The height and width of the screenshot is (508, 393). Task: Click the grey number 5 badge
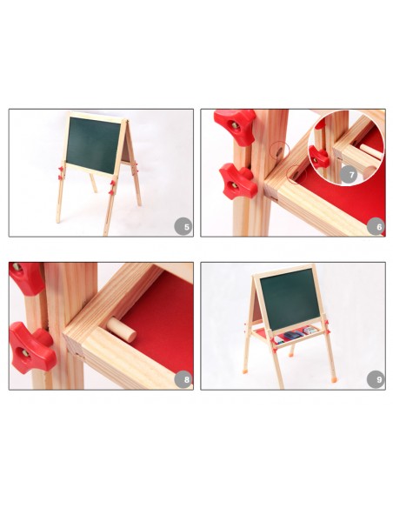(184, 226)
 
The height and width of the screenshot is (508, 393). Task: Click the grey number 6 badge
(376, 226)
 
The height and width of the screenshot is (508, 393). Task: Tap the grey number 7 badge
(349, 175)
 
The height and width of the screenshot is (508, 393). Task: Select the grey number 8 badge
(184, 379)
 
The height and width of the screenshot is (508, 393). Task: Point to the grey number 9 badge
(376, 379)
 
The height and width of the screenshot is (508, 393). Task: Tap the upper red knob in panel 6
(236, 127)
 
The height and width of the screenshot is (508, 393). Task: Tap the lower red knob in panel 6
(238, 181)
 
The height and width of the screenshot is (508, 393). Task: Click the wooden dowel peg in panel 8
(122, 330)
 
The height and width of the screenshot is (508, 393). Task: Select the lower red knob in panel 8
(30, 347)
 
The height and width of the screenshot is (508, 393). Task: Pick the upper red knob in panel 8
(26, 278)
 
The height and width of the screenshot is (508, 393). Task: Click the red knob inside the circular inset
(318, 157)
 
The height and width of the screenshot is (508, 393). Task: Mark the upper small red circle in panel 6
(280, 150)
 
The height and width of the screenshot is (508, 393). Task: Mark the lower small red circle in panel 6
(296, 174)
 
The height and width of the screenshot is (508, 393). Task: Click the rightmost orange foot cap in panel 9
(333, 378)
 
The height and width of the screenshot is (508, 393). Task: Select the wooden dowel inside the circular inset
(371, 151)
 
